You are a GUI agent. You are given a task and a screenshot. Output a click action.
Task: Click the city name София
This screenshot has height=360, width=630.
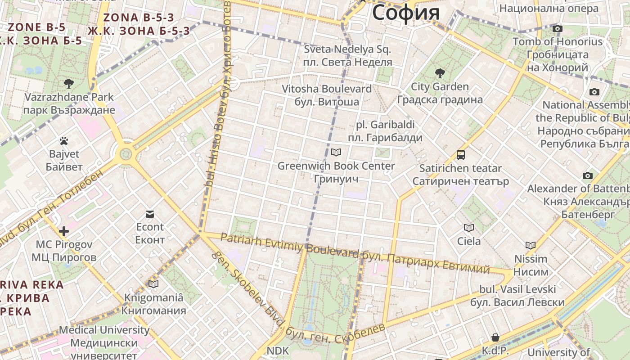[x=405, y=12]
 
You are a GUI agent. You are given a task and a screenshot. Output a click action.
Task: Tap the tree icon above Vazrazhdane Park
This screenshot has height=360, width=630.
[x=69, y=83]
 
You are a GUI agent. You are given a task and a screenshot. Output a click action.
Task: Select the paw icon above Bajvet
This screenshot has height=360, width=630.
[x=64, y=141]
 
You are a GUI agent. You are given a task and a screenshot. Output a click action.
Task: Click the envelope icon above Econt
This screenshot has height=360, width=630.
[x=150, y=214]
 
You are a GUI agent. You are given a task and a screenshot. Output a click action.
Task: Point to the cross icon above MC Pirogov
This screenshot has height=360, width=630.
[x=64, y=231]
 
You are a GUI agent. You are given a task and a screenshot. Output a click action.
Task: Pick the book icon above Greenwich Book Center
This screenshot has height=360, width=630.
[x=336, y=153]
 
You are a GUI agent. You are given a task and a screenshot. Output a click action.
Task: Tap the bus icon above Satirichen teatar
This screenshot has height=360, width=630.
[x=461, y=155]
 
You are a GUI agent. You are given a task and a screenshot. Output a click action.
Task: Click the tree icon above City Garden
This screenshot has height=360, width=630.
[x=440, y=73]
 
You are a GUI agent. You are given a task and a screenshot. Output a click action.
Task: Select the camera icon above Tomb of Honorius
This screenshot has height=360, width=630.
[x=558, y=29]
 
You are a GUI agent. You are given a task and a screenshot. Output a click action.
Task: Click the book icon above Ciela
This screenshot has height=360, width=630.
[x=469, y=228]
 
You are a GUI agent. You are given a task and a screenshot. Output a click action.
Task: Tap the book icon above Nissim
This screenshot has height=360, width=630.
[x=531, y=246]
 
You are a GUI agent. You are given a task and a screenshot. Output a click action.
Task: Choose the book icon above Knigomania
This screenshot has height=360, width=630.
[x=153, y=284]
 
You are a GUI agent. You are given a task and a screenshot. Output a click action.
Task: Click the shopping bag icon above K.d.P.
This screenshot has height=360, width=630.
[x=495, y=337]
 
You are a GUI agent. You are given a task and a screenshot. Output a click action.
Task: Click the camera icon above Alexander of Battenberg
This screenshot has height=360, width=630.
[x=587, y=175]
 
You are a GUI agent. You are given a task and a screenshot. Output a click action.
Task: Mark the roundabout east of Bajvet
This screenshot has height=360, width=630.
[x=126, y=154]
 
